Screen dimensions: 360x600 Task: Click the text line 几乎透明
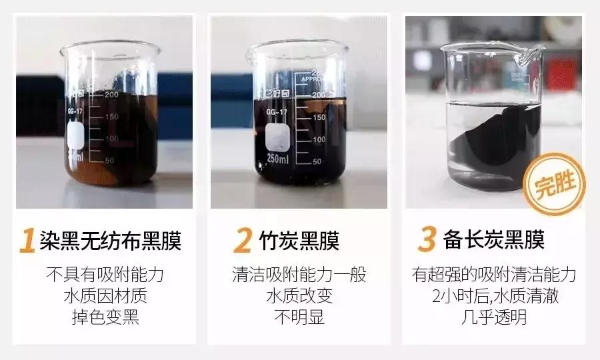(493, 317)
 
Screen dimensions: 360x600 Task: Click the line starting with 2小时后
(493, 295)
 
